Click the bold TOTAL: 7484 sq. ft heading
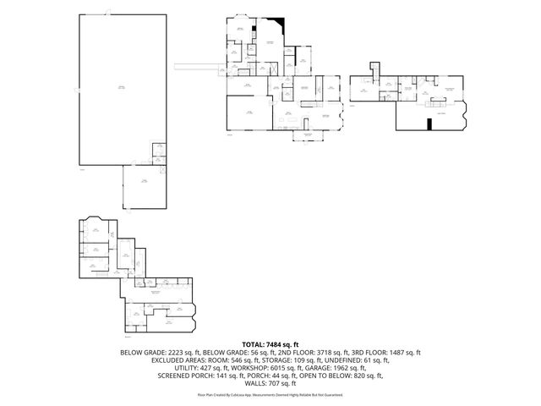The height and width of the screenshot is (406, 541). pos(270,344)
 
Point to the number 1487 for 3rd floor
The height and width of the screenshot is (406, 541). pos(401,352)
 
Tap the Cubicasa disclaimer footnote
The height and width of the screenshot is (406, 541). pos(270,394)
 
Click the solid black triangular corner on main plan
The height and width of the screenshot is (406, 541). pos(279,25)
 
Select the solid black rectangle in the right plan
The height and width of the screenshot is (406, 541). pos(429,125)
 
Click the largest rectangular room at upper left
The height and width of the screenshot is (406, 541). pos(120,88)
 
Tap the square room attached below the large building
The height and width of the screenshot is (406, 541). pos(143,185)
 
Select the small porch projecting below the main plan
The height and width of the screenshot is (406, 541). pos(308,135)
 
